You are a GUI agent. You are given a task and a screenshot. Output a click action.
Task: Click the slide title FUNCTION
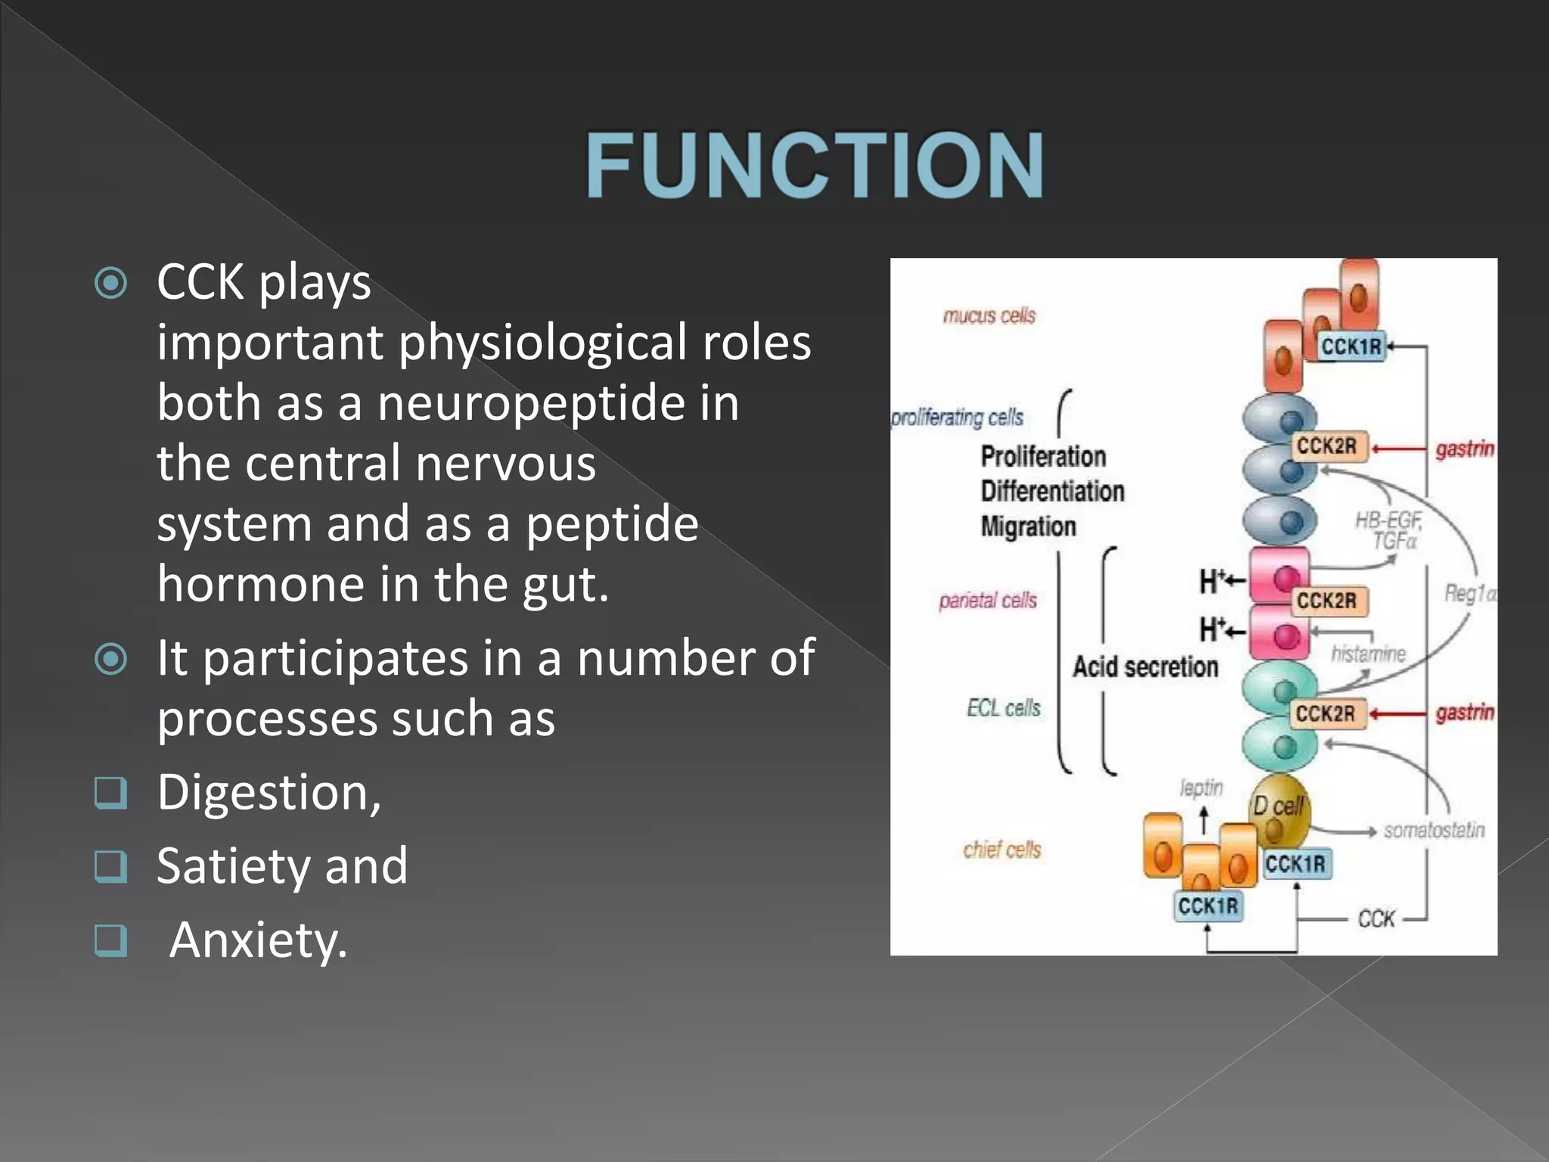815,165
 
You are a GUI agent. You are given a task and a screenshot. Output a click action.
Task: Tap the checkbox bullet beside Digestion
110,793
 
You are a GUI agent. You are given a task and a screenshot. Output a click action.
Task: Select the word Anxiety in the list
258,940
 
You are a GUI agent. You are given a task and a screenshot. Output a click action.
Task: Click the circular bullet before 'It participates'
111,659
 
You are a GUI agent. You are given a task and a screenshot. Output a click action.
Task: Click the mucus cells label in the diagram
989,315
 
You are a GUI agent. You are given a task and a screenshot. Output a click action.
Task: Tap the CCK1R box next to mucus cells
1351,346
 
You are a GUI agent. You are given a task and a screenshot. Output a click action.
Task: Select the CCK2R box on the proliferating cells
1327,446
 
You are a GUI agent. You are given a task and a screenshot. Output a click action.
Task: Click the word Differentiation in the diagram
1052,491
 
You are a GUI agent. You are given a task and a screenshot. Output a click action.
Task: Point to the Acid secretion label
1145,666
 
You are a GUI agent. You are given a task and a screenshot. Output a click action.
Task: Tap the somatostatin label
1433,830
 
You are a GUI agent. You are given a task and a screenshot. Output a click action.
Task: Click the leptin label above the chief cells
1201,788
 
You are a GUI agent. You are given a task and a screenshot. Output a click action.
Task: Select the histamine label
1367,653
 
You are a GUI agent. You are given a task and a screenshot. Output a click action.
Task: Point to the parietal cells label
987,601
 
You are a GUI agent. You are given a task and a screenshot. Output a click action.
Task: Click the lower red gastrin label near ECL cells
1464,713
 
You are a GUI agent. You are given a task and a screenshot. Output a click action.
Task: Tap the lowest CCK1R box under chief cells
1208,906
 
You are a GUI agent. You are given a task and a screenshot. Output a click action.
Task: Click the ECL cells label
1003,708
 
